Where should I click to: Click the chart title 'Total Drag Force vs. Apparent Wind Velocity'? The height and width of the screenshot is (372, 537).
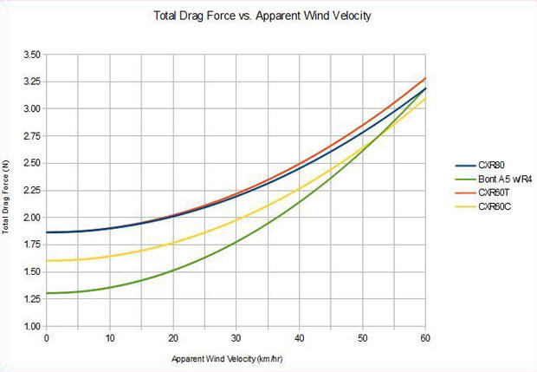pyautogui.click(x=268, y=16)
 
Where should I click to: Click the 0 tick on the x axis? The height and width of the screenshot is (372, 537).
pyautogui.click(x=46, y=337)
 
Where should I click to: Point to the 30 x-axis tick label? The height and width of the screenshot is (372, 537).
pyautogui.click(x=236, y=337)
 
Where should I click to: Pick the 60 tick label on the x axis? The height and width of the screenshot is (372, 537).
pyautogui.click(x=424, y=337)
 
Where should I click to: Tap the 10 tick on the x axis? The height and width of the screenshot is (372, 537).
pyautogui.click(x=109, y=337)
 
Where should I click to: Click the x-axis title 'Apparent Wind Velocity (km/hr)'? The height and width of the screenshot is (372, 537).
pyautogui.click(x=236, y=357)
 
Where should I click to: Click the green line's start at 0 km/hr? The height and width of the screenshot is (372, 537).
pyautogui.click(x=47, y=293)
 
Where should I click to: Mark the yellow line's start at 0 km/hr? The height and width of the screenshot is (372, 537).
pyautogui.click(x=47, y=260)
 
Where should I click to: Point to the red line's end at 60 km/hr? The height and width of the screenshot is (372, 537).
pyautogui.click(x=425, y=78)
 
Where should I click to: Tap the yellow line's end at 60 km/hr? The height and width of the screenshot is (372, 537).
pyautogui.click(x=425, y=97)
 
